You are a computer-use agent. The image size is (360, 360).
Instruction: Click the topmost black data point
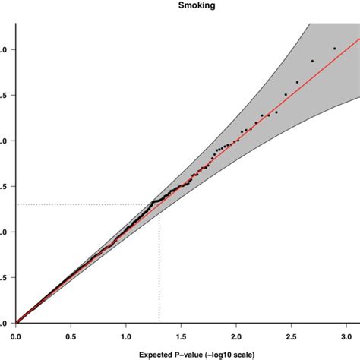(334, 49)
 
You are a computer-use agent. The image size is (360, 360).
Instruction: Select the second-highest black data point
(312, 61)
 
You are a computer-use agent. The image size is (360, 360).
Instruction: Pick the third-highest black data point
(297, 82)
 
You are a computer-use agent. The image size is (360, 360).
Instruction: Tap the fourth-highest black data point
(286, 94)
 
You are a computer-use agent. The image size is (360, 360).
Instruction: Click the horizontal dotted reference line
(84, 204)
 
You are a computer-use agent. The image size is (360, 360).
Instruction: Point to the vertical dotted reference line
(159, 266)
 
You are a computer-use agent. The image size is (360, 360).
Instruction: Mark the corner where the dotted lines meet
(159, 204)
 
